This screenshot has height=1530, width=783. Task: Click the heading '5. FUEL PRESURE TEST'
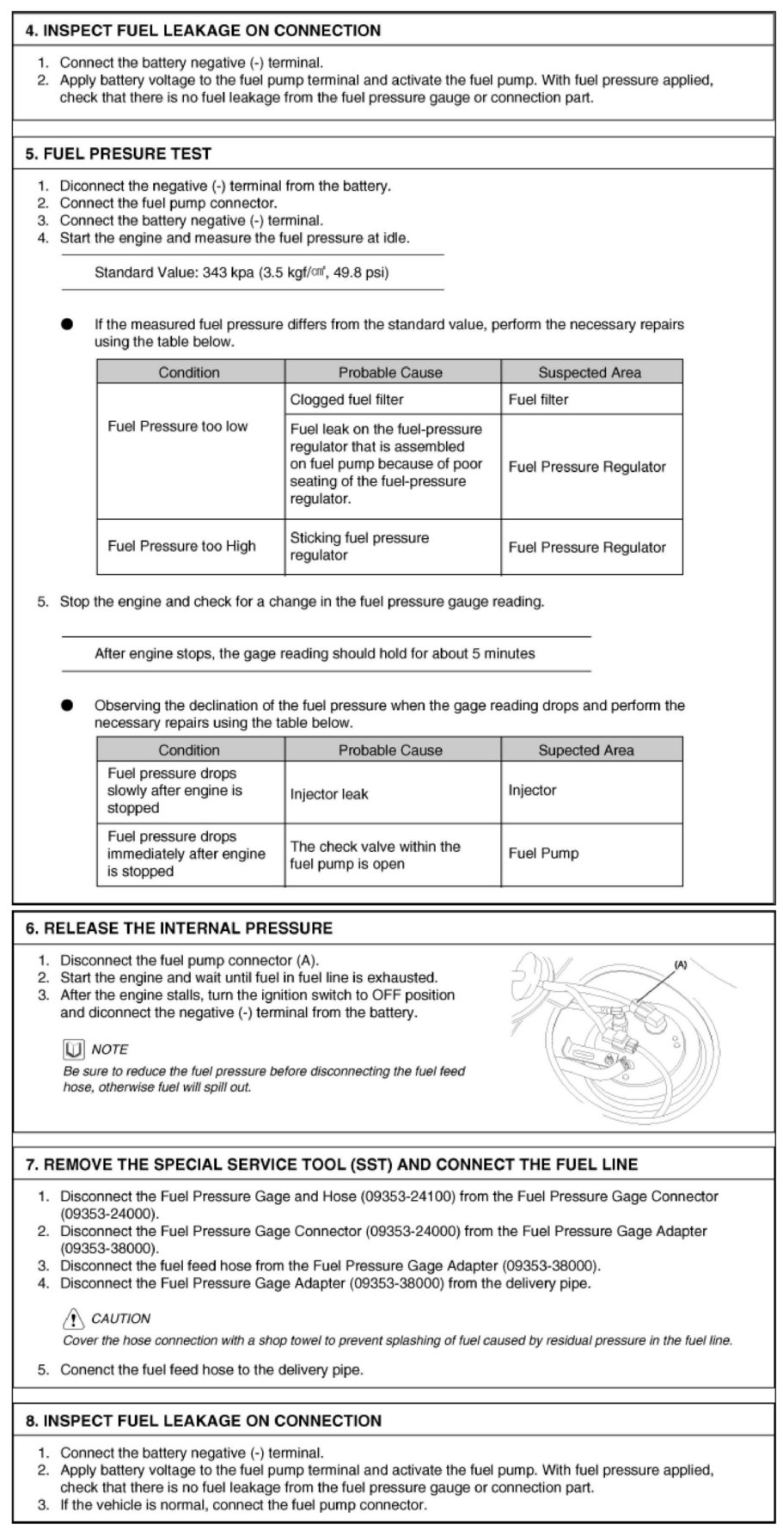click(119, 154)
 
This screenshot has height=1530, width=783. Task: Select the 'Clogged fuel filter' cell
click(346, 400)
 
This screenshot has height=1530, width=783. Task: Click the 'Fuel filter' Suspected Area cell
click(538, 400)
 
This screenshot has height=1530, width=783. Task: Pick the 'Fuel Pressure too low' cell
click(177, 426)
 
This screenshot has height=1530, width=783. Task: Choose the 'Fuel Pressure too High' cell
click(181, 547)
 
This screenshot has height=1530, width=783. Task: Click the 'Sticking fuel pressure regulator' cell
click(359, 547)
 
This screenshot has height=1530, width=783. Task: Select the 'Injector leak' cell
click(328, 794)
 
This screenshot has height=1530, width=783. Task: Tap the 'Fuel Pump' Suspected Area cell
click(543, 854)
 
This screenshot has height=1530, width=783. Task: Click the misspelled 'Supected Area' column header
click(585, 750)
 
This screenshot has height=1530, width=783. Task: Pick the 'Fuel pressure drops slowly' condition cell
click(174, 791)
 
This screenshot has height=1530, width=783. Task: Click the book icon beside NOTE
click(74, 1050)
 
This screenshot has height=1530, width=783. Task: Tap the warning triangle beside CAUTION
click(74, 1319)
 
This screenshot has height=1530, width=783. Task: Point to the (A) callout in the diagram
click(680, 964)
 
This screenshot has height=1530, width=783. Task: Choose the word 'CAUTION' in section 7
click(120, 1319)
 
